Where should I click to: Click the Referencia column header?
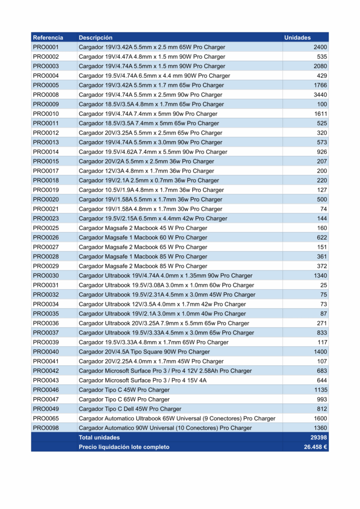click(x=48, y=37)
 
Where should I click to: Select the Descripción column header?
click(x=95, y=37)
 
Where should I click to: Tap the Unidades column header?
click(x=297, y=37)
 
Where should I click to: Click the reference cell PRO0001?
click(x=46, y=47)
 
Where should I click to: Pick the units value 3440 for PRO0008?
click(x=320, y=94)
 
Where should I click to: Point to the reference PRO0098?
click(x=46, y=428)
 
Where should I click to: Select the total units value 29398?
click(x=319, y=437)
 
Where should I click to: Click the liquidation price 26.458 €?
click(x=315, y=447)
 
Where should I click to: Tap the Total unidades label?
click(x=99, y=437)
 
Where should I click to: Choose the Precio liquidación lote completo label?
click(x=124, y=447)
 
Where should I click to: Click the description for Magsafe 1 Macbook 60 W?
click(x=143, y=238)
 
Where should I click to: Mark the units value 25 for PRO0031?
click(x=324, y=285)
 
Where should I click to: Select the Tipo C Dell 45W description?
click(x=130, y=409)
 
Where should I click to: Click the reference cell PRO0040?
click(x=46, y=352)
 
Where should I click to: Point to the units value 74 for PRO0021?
click(x=324, y=209)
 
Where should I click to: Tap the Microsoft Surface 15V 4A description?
click(x=142, y=380)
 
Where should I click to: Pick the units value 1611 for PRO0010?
click(x=320, y=114)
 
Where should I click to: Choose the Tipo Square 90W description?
click(x=144, y=352)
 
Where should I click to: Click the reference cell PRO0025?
click(x=46, y=228)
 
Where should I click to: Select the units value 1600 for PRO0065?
click(x=320, y=419)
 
